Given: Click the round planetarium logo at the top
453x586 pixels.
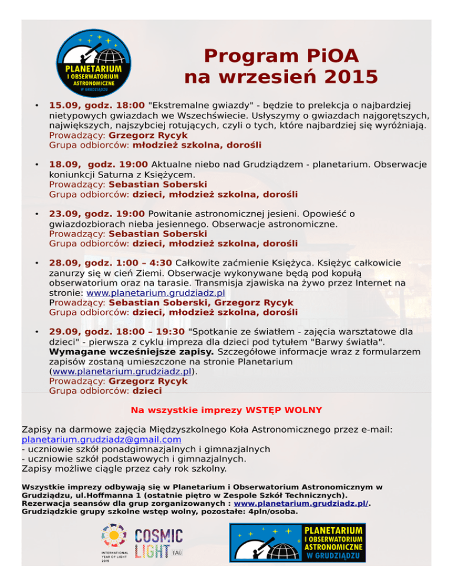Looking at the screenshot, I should [94, 66].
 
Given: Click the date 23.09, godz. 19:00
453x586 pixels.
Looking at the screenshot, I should [97, 214].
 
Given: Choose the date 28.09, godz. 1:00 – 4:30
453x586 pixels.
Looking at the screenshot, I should [110, 262].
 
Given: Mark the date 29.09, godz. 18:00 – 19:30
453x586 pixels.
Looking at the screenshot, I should [116, 332].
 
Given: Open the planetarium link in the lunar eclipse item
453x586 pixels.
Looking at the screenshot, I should [156, 292].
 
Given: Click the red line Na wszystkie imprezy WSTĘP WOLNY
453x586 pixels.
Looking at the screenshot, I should [226, 410].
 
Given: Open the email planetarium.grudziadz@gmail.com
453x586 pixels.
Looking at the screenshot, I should [101, 439].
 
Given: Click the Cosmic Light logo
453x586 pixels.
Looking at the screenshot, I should [159, 543].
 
